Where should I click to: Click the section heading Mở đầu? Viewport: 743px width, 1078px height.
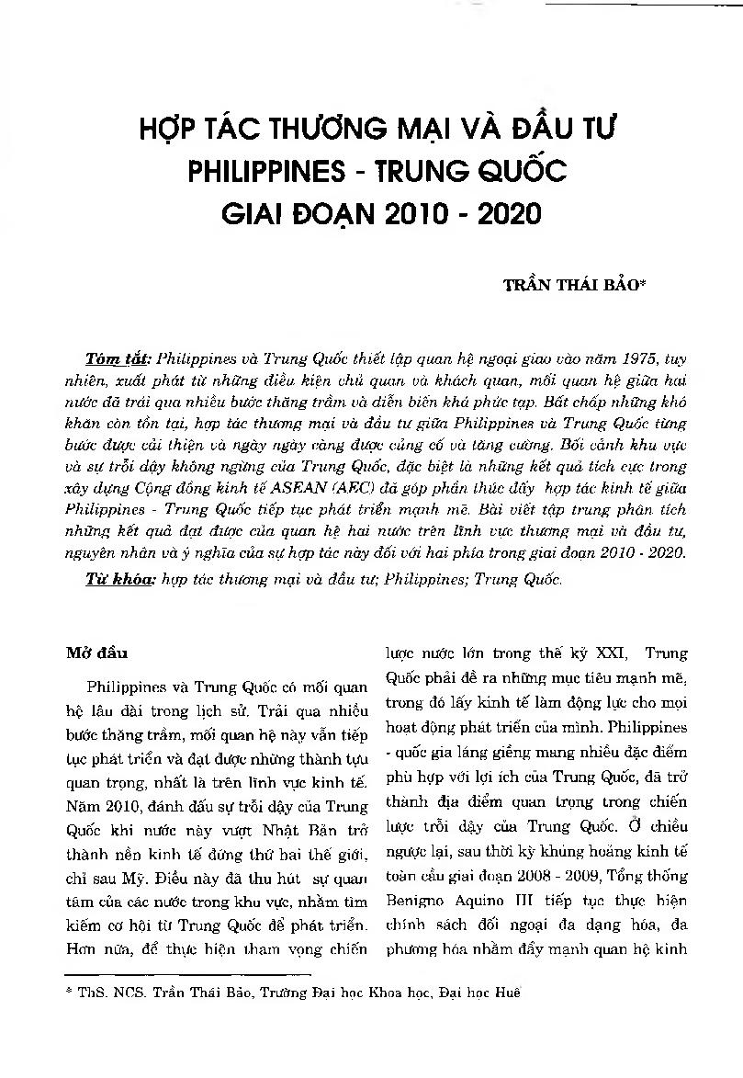pyautogui.click(x=90, y=654)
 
